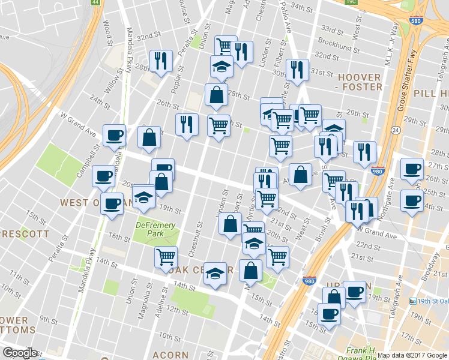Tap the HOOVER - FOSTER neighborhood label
(x=360, y=82)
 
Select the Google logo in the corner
(x=19, y=353)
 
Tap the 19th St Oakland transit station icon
(x=412, y=301)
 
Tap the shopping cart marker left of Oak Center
(x=166, y=257)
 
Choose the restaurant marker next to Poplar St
(x=161, y=61)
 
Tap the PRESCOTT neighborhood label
(x=24, y=233)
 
